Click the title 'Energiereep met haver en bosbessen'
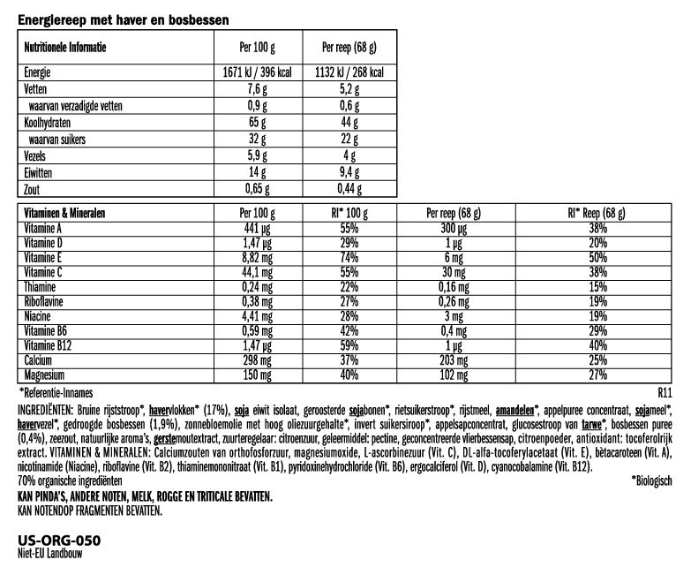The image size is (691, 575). pyautogui.click(x=123, y=18)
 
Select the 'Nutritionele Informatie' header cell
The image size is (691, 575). pyautogui.click(x=64, y=46)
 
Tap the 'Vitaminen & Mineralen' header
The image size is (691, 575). pyautogui.click(x=63, y=214)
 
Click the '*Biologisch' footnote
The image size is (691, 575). pyautogui.click(x=652, y=480)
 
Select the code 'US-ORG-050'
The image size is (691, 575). pyautogui.click(x=58, y=540)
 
